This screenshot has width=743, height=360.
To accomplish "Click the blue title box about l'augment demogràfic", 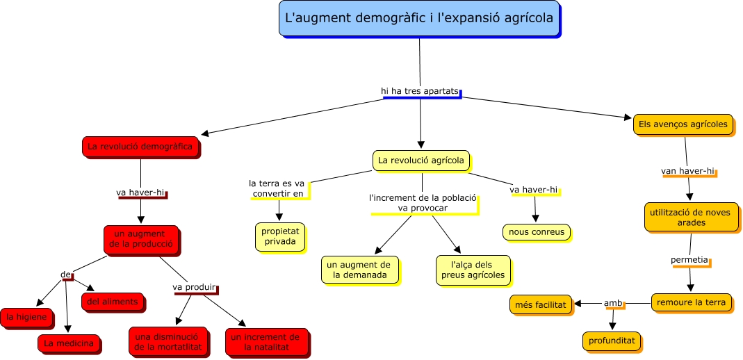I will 419,19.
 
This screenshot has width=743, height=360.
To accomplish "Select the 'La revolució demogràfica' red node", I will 140,147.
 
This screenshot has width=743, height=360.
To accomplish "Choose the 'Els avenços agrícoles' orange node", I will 683,125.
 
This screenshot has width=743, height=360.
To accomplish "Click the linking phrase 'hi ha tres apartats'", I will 419,91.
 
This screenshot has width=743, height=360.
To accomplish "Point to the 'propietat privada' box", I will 279,236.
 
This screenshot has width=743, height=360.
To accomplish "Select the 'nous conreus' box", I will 536,232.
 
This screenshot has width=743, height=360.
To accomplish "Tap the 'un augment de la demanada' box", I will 359,270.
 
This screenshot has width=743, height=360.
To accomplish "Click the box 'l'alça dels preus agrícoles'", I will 473,270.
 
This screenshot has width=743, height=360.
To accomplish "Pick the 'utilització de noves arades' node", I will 689,217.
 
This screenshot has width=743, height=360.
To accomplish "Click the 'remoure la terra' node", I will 692,302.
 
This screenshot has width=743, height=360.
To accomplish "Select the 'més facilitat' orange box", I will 541,304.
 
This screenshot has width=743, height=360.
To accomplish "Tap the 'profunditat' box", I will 611,341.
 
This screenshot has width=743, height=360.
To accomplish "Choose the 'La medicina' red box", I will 68,343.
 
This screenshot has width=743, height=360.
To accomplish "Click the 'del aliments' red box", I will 113,302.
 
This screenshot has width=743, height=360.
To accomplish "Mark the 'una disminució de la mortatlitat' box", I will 168,341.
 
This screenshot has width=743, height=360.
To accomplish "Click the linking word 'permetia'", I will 689,261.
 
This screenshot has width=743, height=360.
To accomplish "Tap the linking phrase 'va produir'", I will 194,288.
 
